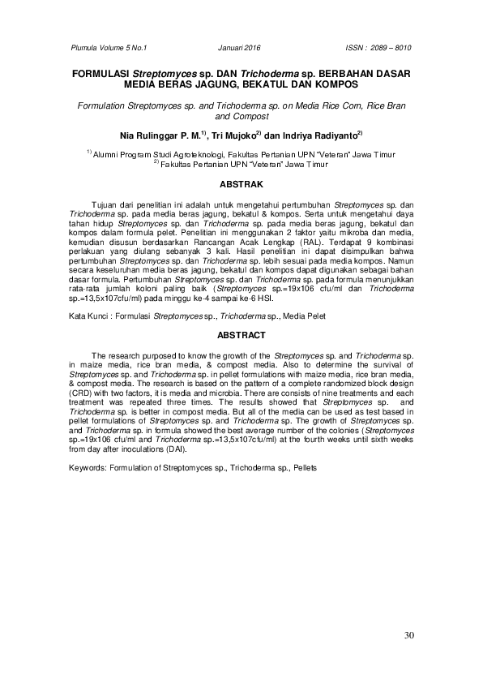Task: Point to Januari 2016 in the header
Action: (241, 48)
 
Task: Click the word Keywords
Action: (90, 468)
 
